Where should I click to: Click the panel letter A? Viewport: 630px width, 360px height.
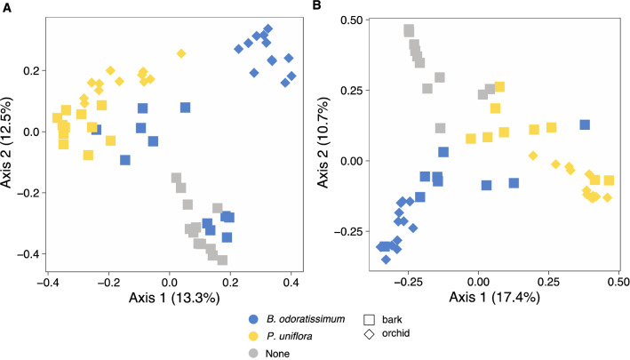[6, 7]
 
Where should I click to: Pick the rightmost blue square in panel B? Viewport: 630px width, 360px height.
[585, 124]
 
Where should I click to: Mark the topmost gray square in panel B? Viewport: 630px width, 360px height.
[409, 30]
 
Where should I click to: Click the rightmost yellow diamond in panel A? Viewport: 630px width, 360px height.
[181, 53]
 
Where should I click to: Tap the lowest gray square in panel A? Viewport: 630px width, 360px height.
[222, 260]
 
